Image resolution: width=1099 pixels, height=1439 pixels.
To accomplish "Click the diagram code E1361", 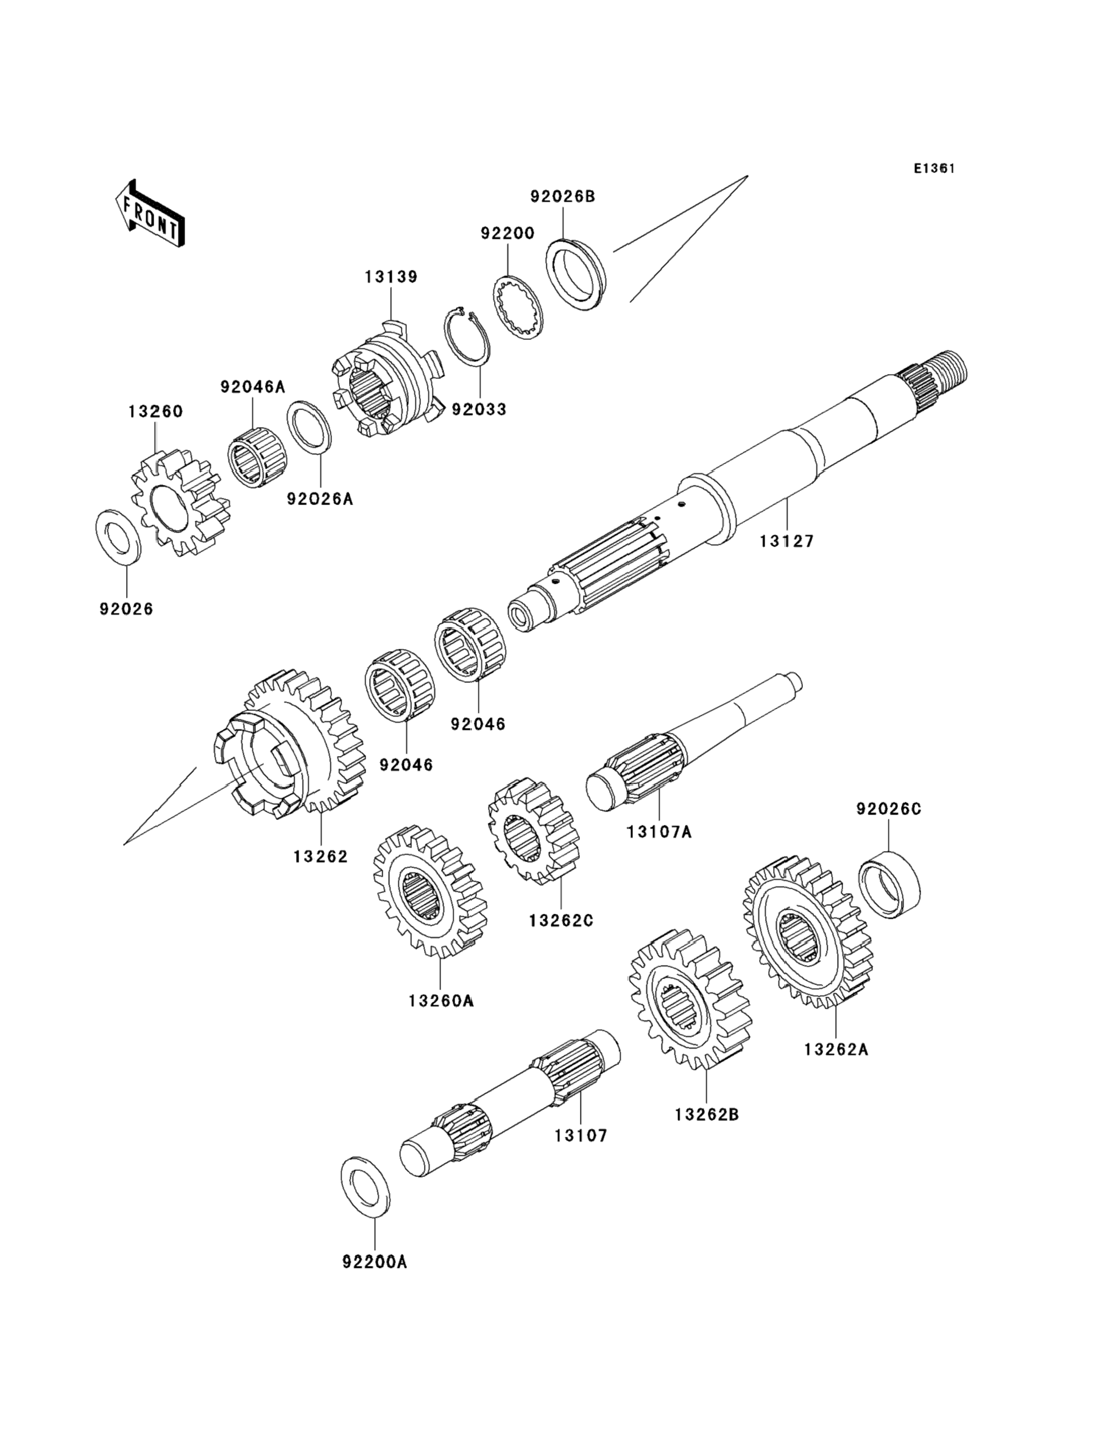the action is [934, 168].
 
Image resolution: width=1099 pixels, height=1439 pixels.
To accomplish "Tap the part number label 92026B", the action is [562, 196].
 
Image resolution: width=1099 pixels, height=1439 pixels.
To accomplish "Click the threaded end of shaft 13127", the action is [947, 370].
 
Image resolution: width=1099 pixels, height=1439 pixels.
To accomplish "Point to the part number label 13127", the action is [786, 541].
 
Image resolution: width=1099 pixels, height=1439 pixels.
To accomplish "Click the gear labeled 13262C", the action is [534, 832].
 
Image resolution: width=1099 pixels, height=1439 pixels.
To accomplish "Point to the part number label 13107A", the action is [659, 832].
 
